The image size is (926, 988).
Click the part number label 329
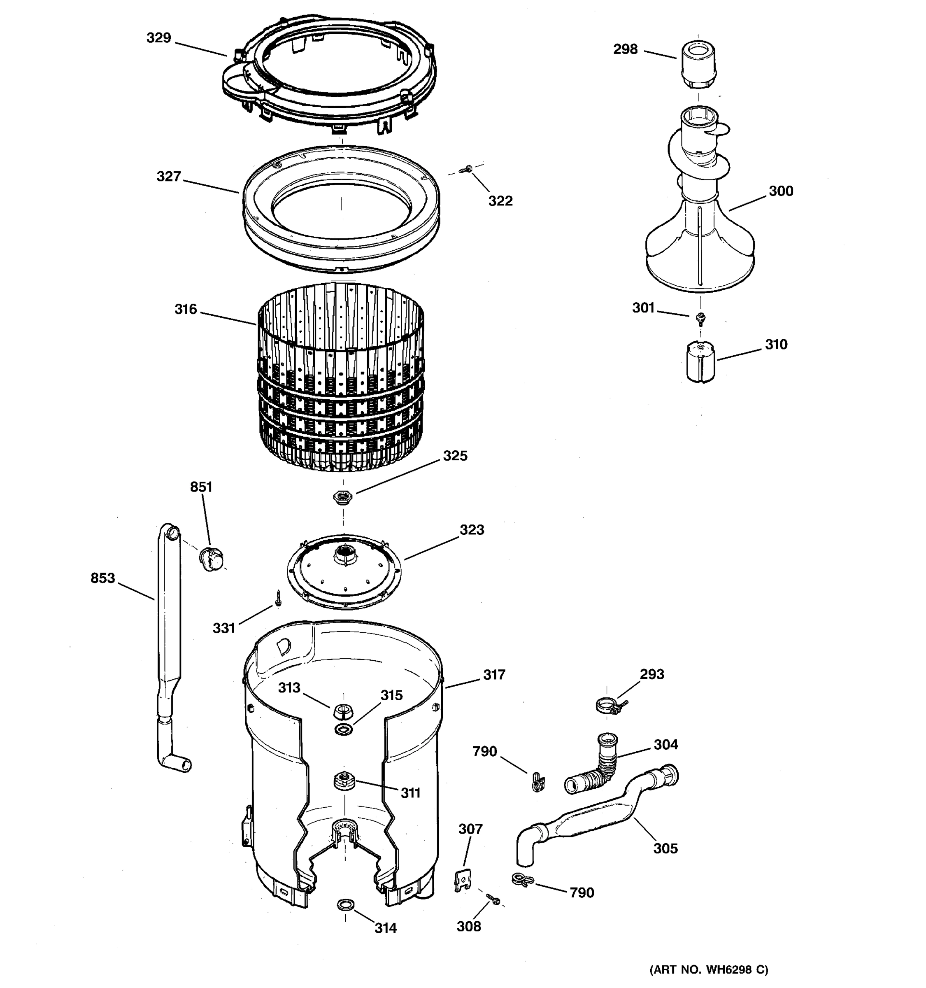click(x=158, y=38)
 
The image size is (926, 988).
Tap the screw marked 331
click(x=279, y=598)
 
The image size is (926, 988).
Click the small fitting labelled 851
click(x=211, y=559)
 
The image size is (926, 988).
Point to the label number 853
click(x=102, y=578)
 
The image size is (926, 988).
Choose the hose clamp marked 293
click(x=608, y=705)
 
